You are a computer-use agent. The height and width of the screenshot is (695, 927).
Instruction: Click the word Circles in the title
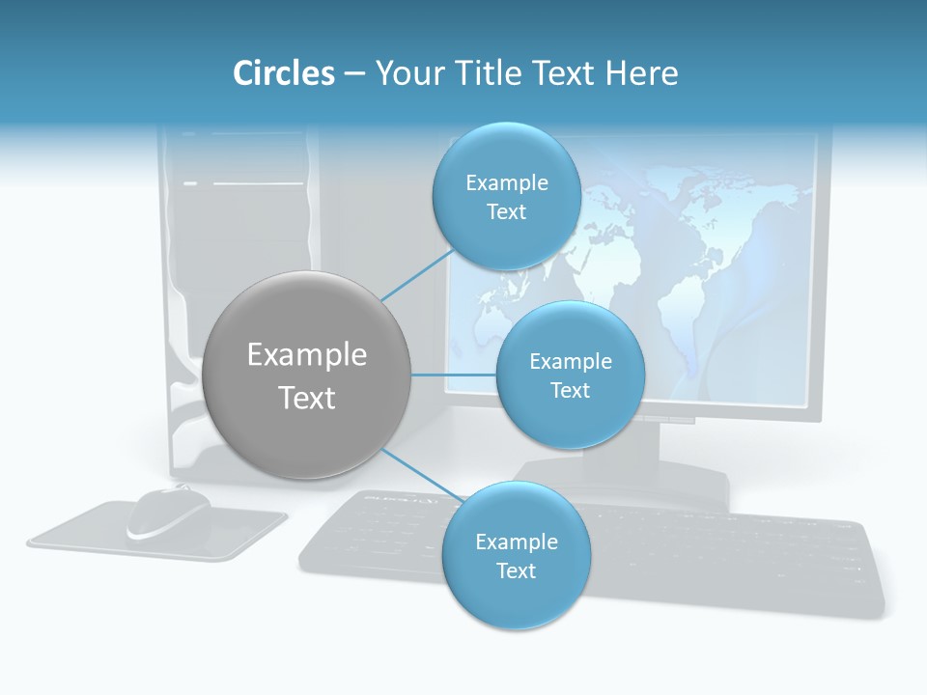(x=283, y=73)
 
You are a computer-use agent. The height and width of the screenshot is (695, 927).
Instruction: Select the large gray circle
(x=306, y=375)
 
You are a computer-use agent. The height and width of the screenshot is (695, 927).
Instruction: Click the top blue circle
(x=506, y=196)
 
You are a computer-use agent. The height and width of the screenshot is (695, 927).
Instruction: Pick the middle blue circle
(x=570, y=375)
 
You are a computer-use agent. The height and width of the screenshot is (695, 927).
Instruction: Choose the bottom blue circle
(x=516, y=556)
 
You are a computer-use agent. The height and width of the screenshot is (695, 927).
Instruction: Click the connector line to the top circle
(x=417, y=274)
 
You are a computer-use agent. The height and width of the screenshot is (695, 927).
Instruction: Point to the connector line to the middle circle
(x=453, y=375)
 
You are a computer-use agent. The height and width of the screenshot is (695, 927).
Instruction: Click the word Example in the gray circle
(x=306, y=355)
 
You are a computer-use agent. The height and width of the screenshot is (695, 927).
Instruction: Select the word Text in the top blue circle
(x=506, y=212)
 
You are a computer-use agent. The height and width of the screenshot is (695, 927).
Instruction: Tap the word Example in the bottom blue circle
(x=516, y=542)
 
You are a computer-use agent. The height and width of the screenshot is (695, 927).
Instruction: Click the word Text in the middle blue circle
(x=570, y=390)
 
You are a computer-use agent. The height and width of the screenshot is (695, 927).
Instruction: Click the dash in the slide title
(x=354, y=73)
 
